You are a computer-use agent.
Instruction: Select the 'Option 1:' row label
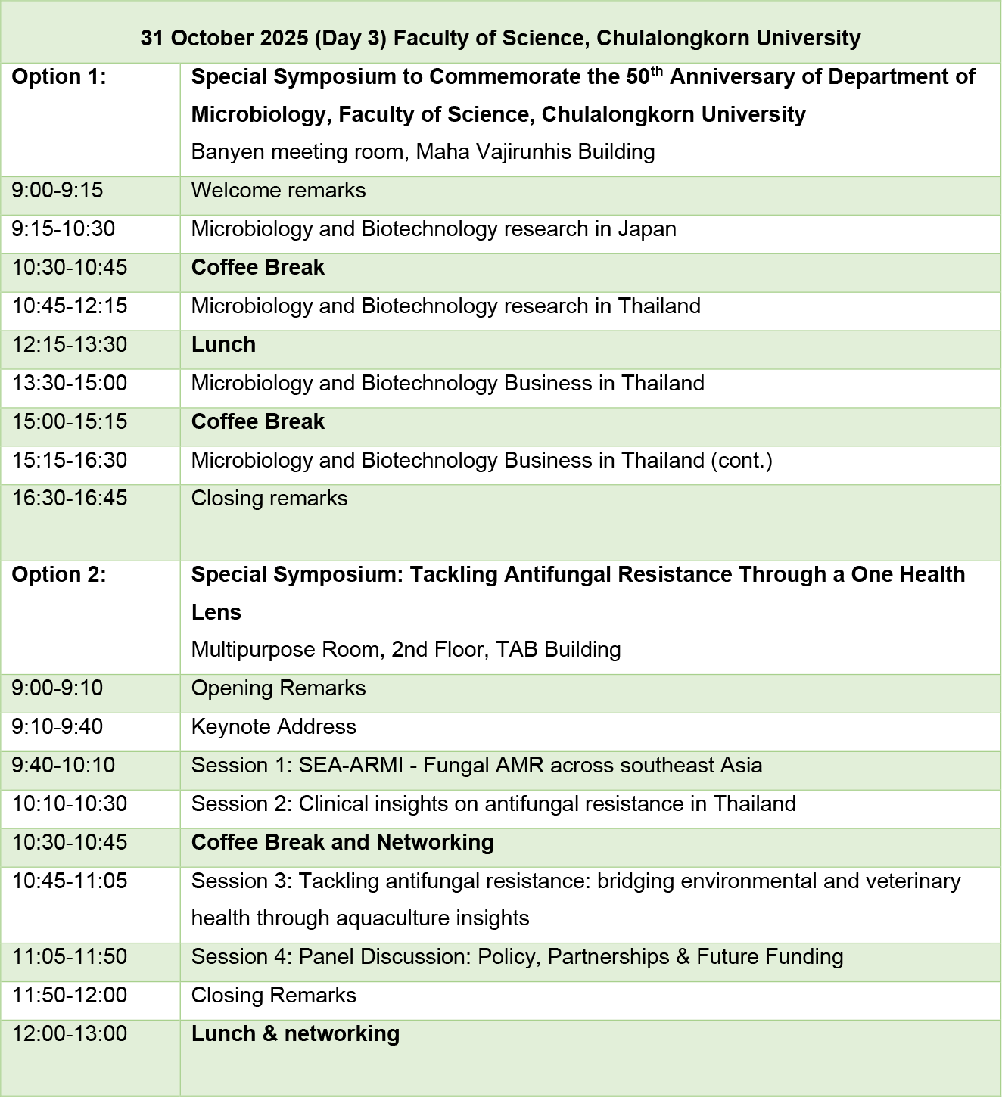point(59,77)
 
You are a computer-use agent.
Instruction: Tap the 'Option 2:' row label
point(59,575)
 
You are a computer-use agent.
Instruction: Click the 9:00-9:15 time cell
point(58,191)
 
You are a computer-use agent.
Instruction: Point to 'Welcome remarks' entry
point(279,191)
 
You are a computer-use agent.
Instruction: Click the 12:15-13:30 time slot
point(70,345)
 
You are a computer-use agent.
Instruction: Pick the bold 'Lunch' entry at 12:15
point(223,345)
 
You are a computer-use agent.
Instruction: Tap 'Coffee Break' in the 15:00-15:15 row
point(258,422)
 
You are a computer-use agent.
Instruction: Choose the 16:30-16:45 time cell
point(70,499)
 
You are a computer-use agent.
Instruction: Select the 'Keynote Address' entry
point(273,727)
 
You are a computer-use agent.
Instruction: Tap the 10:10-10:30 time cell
point(70,804)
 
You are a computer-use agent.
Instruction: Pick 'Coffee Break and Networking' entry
point(342,843)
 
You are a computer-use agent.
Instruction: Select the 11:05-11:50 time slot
point(70,957)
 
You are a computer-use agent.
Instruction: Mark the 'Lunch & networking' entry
point(295,1034)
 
